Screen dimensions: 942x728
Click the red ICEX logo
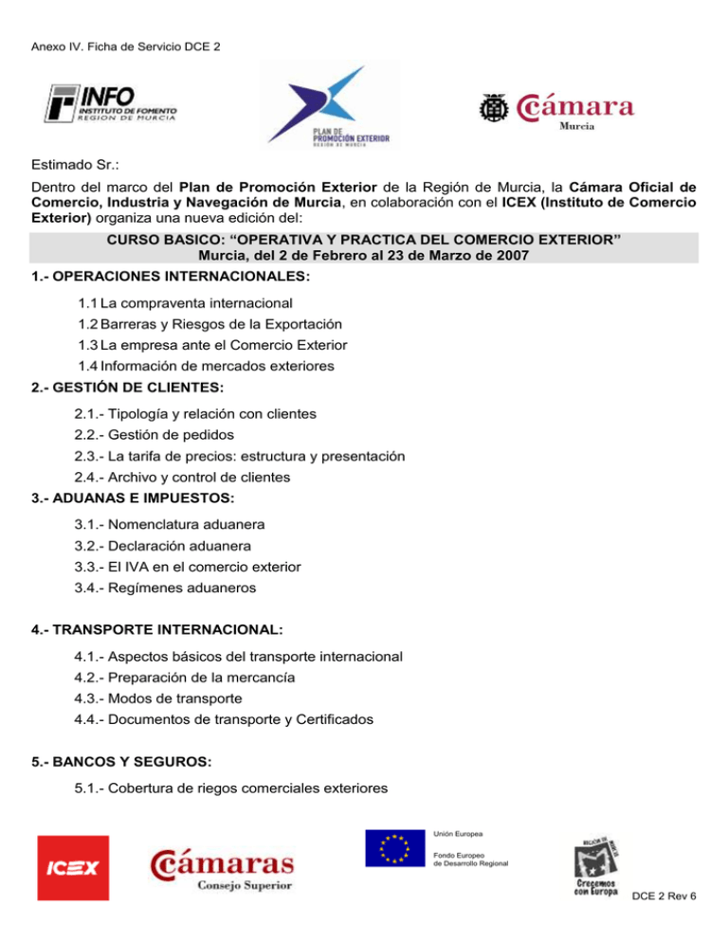(x=73, y=869)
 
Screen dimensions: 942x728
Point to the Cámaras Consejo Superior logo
(x=221, y=869)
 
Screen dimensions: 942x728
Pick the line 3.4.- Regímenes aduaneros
(x=164, y=588)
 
